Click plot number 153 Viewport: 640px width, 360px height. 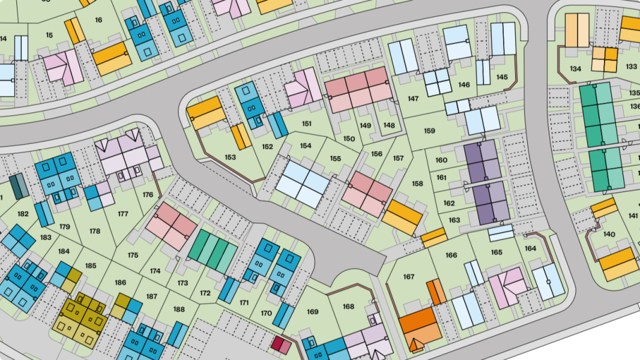(x=230, y=157)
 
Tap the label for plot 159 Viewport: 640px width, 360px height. (x=429, y=131)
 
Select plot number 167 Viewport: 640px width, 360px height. (x=409, y=277)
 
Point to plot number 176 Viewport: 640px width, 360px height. (x=148, y=194)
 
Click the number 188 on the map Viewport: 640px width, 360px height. (x=179, y=309)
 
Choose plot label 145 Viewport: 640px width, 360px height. (x=502, y=77)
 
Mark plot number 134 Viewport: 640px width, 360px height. (x=575, y=69)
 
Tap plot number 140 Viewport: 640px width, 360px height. (x=609, y=234)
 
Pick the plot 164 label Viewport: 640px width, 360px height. (x=530, y=248)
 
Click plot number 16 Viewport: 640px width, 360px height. (x=98, y=20)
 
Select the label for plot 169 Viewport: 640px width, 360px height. (x=312, y=311)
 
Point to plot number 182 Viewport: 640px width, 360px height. (x=23, y=214)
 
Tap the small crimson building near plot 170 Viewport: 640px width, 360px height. (x=281, y=344)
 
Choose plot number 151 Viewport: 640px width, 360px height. (x=307, y=124)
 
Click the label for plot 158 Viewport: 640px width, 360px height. (x=417, y=184)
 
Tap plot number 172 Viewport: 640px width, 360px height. (x=205, y=293)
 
